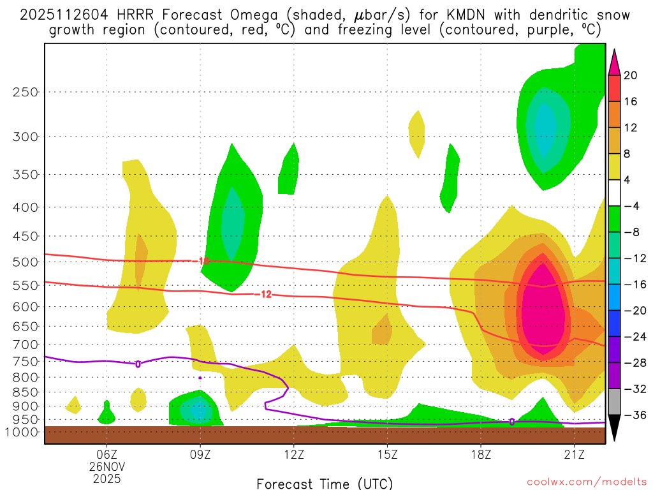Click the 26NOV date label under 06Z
coord(106,466)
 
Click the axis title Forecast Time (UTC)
coord(325,483)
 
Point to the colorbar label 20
coord(631,75)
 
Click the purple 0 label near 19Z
coord(512,422)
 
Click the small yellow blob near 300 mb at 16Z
coord(417,133)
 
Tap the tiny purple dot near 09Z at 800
coord(200,378)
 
